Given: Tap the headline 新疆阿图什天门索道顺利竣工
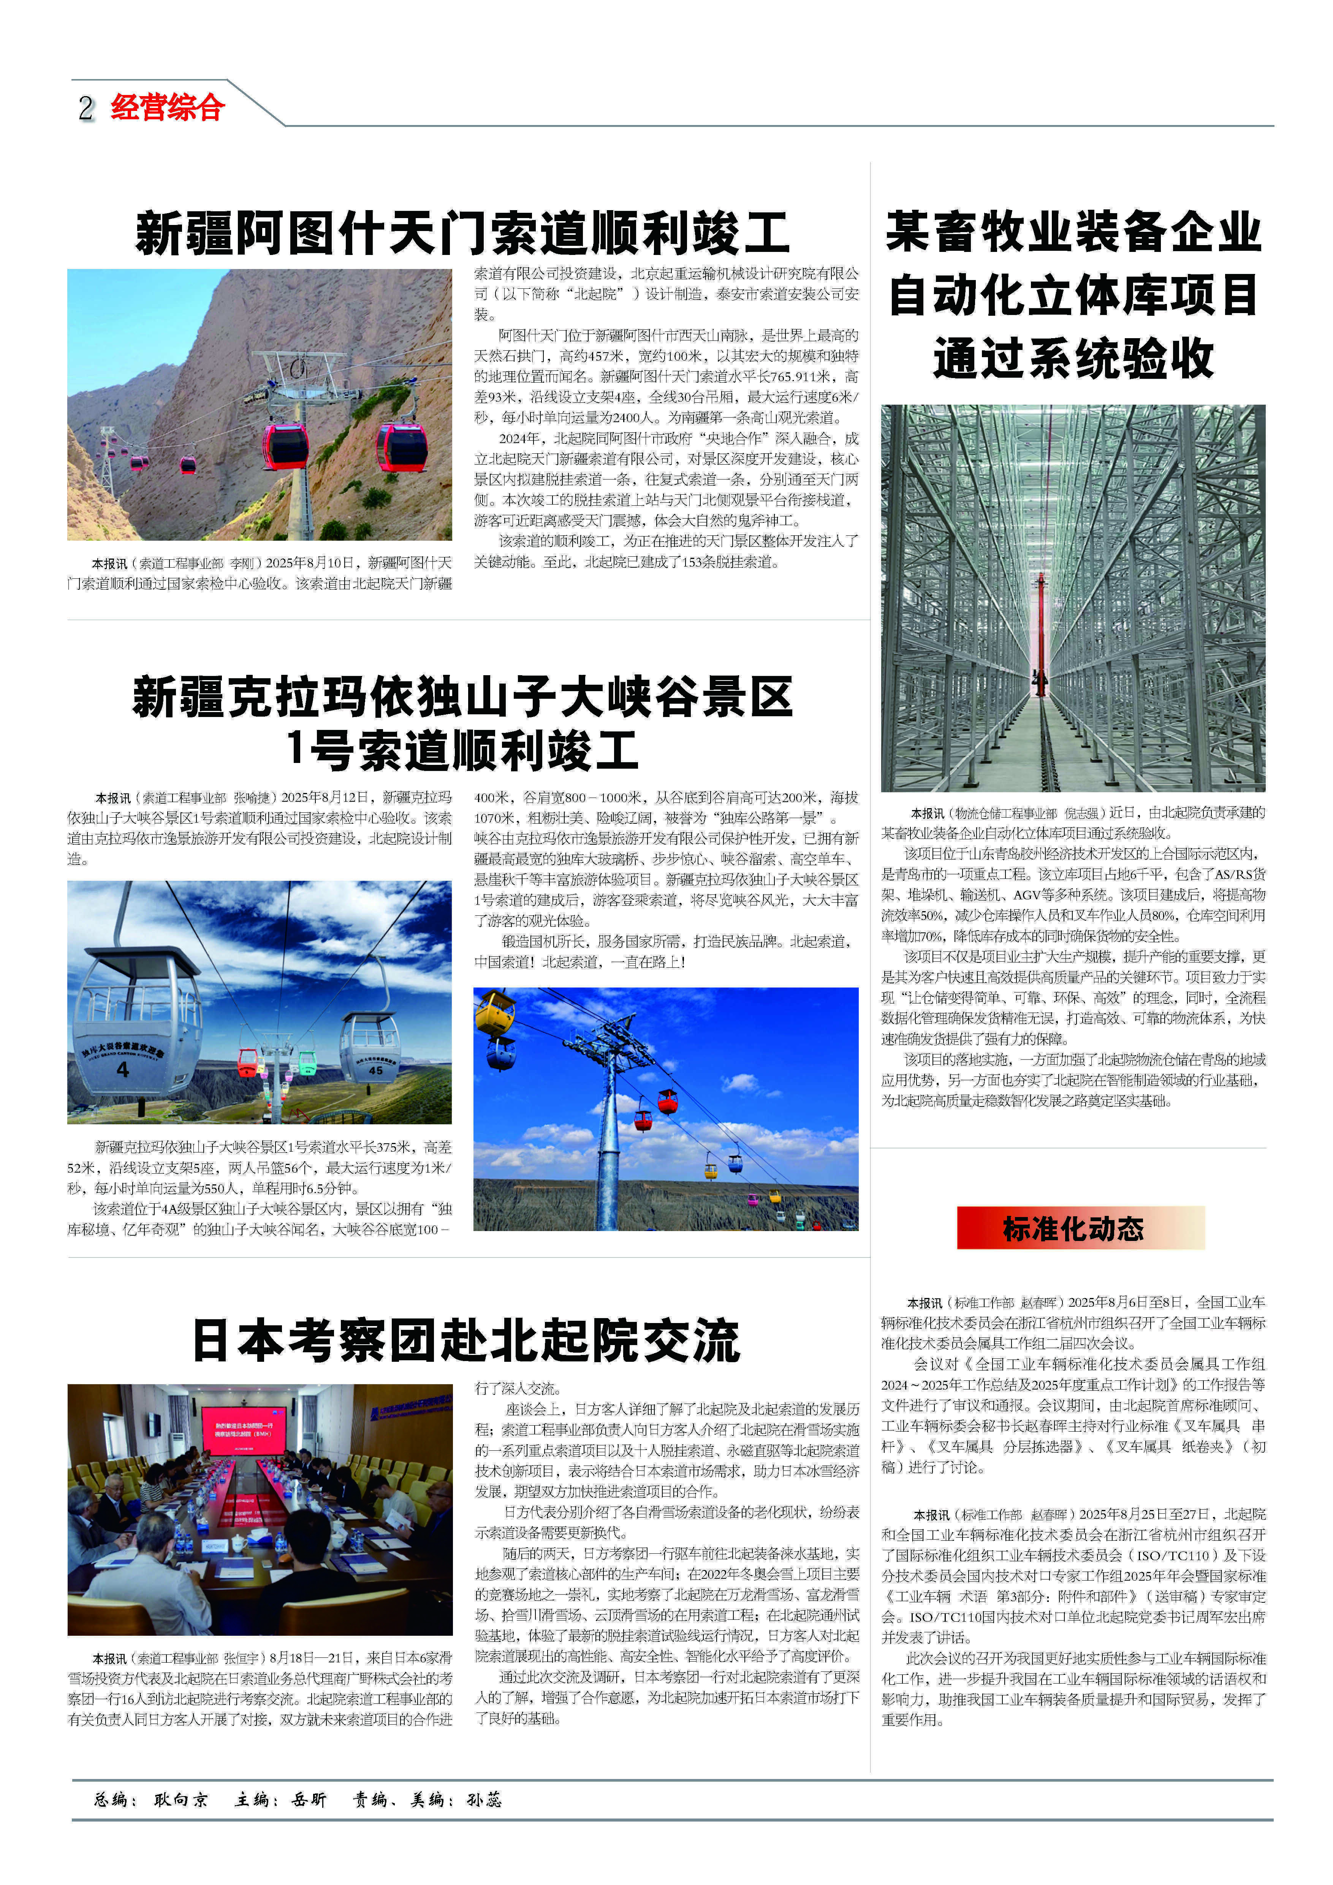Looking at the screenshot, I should (462, 233).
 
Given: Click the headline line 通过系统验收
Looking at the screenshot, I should (1073, 359).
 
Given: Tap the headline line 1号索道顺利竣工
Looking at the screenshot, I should (462, 750).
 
